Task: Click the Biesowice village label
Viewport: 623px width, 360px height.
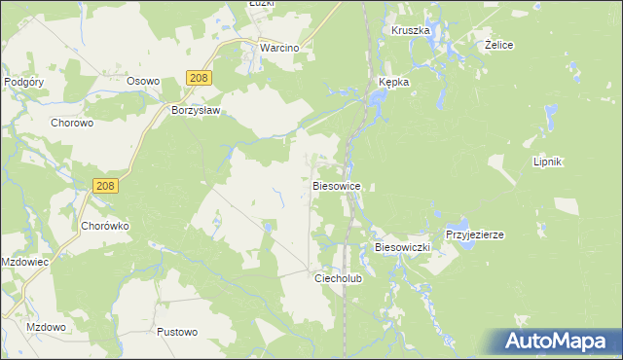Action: [338, 185]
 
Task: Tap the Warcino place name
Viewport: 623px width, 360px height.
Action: [277, 47]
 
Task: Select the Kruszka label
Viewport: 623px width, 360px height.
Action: [411, 30]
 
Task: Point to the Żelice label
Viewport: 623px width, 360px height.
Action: [498, 46]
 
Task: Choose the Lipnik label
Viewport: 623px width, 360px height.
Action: [549, 162]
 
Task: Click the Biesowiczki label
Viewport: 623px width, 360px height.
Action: [402, 248]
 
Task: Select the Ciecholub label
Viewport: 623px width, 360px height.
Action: [338, 277]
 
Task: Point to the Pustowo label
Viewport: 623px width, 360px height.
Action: [177, 332]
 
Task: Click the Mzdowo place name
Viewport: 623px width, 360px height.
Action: [47, 327]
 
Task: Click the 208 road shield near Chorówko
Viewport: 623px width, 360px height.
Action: [106, 185]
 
